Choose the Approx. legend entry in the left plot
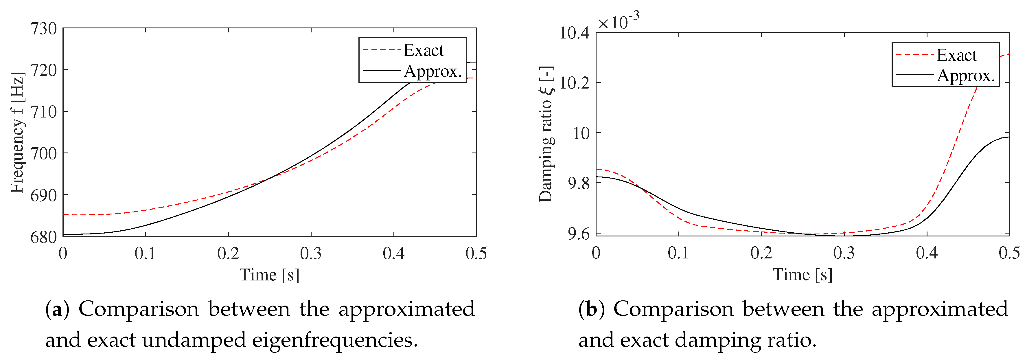pyautogui.click(x=432, y=71)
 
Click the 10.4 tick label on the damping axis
pyautogui.click(x=574, y=33)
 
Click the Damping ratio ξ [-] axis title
pyautogui.click(x=546, y=134)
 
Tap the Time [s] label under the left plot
pyautogui.click(x=269, y=275)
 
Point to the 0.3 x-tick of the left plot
pyautogui.click(x=311, y=254)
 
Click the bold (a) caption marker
pyautogui.click(x=57, y=310)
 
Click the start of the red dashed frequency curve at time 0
pyautogui.click(x=64, y=215)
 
